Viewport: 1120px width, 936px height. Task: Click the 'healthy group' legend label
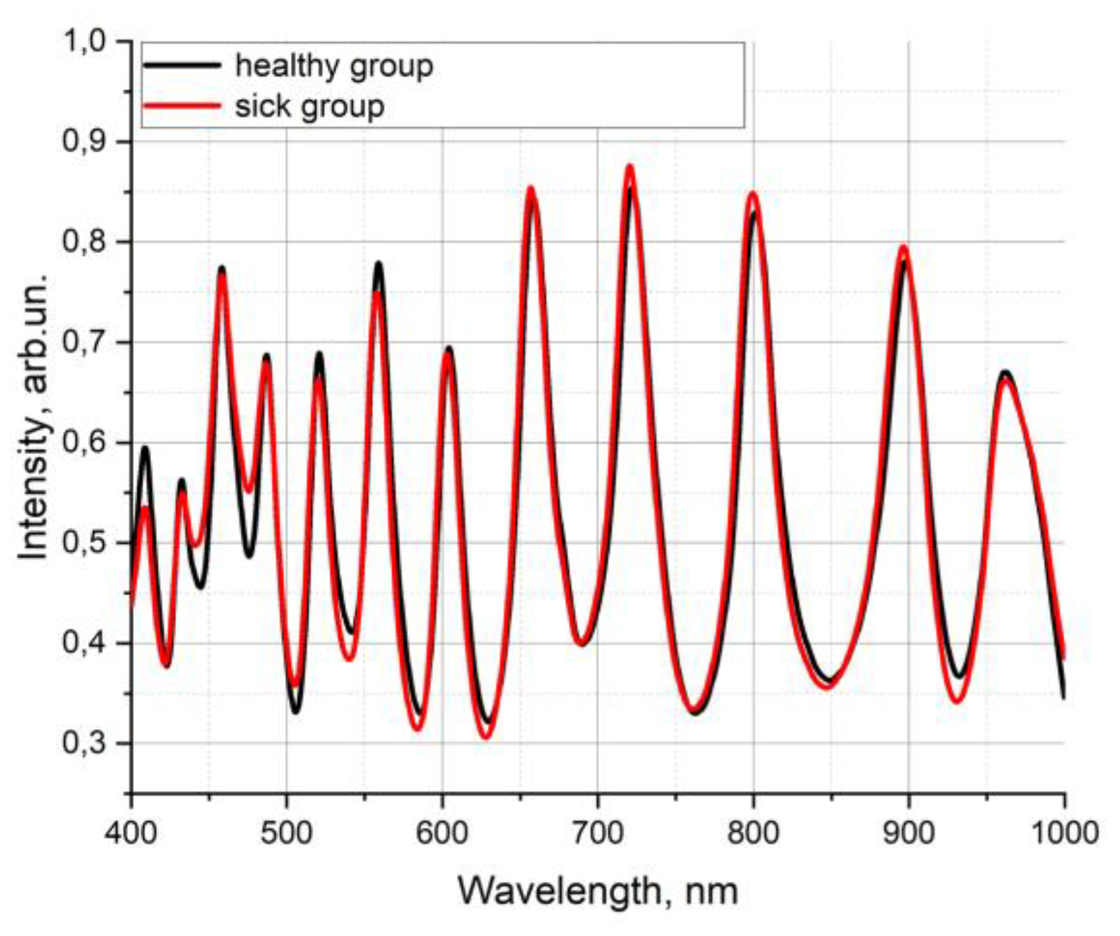[334, 67]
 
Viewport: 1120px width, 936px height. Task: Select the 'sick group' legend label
[309, 106]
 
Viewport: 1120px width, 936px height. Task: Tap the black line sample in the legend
[182, 65]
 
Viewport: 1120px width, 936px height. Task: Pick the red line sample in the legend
[182, 105]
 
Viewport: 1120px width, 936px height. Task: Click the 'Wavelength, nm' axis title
[598, 892]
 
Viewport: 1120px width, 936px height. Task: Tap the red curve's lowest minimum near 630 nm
[486, 737]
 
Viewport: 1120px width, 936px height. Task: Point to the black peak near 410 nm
[145, 448]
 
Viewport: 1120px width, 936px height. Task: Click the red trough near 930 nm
[957, 701]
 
